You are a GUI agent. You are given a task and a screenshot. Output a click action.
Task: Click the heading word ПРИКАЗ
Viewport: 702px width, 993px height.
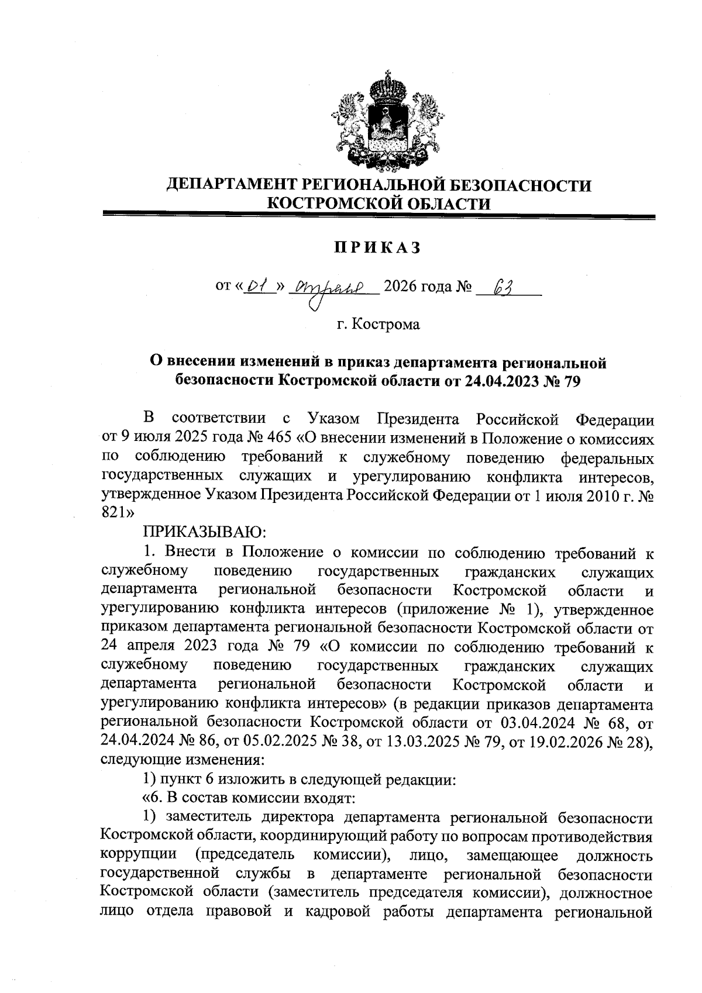[x=378, y=248]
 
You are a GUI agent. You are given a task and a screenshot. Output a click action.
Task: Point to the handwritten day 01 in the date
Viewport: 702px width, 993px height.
[x=256, y=287]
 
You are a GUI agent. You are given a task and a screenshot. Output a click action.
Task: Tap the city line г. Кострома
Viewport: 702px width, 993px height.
[x=378, y=324]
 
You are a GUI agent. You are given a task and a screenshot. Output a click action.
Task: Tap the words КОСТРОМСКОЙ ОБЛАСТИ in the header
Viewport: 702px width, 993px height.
[x=378, y=204]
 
